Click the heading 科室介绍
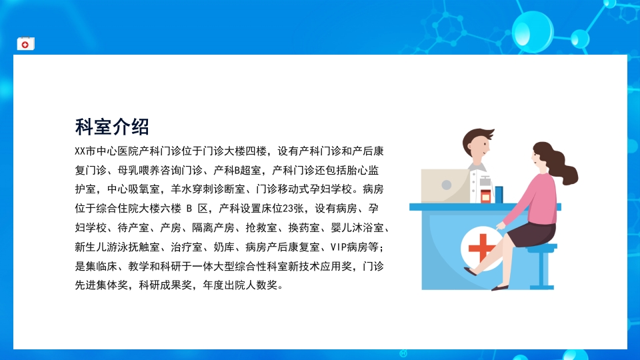click(x=112, y=126)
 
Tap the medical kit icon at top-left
click(x=25, y=44)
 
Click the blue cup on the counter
click(x=499, y=193)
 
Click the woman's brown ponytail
click(x=563, y=164)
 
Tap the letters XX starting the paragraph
click(x=81, y=151)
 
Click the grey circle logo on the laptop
click(x=445, y=186)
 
